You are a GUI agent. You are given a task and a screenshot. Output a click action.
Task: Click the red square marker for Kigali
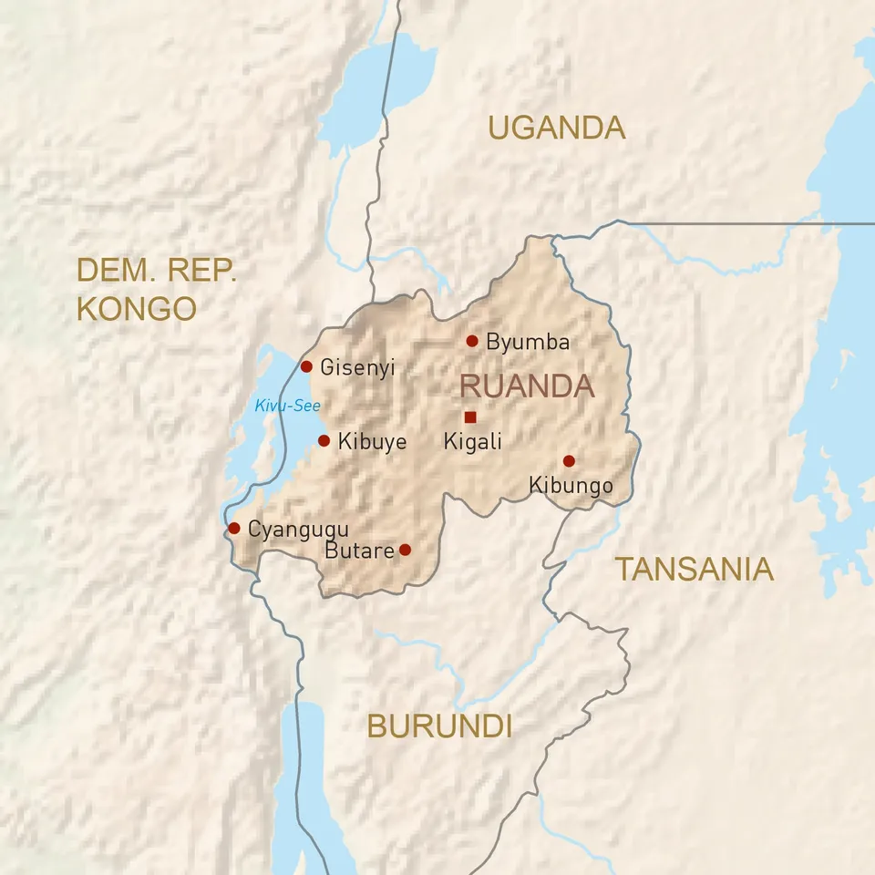coord(470,417)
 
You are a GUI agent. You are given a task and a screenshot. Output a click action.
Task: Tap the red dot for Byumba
coord(472,341)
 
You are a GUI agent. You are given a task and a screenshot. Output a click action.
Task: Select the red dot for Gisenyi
coord(306,366)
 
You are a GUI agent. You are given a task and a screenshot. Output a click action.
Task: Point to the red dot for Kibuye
coord(324,440)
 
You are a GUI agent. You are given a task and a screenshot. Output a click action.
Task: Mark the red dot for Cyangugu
coord(233,528)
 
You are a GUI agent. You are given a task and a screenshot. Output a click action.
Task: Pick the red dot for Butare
coord(406,550)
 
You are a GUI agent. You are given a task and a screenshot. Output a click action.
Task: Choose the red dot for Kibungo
coord(569,461)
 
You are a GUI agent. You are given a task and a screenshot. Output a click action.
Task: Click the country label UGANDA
coord(556,128)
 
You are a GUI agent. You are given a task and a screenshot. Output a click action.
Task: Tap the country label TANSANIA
coord(695,570)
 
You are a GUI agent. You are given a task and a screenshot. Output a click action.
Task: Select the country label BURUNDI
coord(439,726)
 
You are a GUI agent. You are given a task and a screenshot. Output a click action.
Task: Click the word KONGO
coord(137,308)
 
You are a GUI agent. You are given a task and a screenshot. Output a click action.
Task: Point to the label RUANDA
coord(527,386)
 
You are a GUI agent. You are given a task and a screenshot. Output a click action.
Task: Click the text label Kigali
coord(472,442)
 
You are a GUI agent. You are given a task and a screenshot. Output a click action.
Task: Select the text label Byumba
coord(528,343)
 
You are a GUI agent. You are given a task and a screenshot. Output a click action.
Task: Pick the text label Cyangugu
coord(298,529)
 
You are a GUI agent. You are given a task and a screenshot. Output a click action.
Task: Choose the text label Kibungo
coord(571,486)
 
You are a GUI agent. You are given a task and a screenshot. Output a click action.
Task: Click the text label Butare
coord(359,551)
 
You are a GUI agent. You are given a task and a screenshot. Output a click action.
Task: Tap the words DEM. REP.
coord(157,270)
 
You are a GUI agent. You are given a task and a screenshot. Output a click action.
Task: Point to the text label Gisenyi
coord(357,368)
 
